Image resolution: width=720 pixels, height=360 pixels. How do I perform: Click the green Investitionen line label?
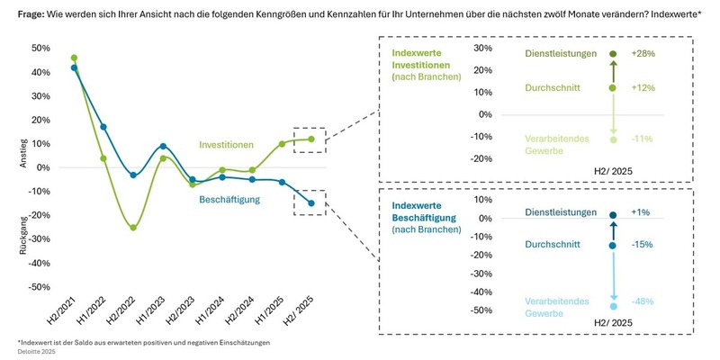[226, 145]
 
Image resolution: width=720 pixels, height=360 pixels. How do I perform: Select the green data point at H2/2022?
[133, 228]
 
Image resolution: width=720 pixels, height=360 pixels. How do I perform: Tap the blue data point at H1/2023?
[163, 146]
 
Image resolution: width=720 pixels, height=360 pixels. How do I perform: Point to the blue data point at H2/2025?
[311, 203]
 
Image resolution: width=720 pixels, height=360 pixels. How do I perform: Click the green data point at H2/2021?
[74, 58]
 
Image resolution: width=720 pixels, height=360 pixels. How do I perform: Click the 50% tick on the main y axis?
[40, 48]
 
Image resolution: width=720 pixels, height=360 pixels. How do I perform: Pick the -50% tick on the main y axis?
[38, 287]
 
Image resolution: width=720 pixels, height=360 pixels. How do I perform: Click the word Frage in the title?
[34, 13]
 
